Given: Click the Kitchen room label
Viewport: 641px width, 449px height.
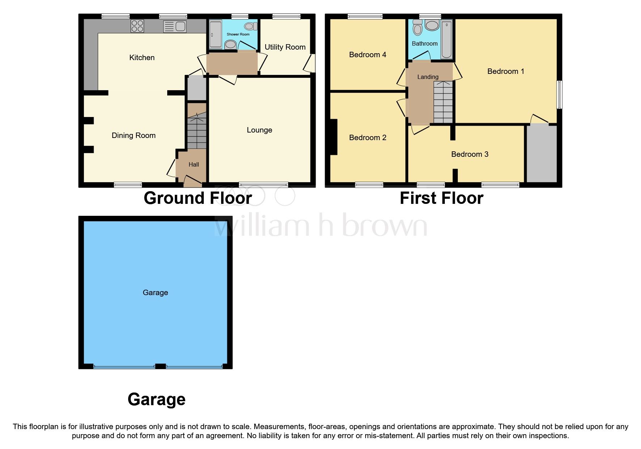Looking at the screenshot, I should click(142, 58).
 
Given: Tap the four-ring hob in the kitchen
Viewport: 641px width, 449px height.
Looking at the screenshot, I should click(138, 26).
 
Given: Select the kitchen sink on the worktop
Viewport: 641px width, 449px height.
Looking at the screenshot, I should click(175, 26).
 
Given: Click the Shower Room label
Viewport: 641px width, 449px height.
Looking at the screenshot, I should click(238, 34).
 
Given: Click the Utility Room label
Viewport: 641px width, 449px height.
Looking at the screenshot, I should click(285, 47).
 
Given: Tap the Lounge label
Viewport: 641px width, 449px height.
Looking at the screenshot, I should click(259, 130).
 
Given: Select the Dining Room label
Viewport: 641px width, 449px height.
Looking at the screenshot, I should click(134, 135).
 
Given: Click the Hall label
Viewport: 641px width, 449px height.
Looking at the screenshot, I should click(194, 164).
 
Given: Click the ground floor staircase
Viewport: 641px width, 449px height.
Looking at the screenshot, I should click(197, 132).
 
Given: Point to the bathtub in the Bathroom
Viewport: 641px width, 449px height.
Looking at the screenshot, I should click(447, 39).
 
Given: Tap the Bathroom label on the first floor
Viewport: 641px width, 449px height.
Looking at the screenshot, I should click(425, 43).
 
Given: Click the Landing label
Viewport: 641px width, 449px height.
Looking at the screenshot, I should click(427, 77).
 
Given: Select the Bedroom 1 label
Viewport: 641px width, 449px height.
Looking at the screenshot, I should click(505, 71).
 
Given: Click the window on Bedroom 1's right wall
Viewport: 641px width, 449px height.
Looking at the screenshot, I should click(559, 95).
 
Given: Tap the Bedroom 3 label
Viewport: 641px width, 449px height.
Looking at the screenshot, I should click(469, 154).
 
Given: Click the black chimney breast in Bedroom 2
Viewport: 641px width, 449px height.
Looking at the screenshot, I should click(333, 137).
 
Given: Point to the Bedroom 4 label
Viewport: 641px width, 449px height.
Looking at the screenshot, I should click(367, 55).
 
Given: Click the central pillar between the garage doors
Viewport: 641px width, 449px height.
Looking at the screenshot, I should click(160, 366).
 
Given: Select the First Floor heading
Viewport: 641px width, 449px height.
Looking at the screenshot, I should click(441, 198).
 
